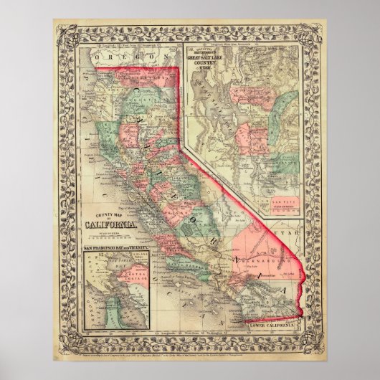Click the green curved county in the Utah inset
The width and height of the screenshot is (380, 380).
[287, 122]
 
